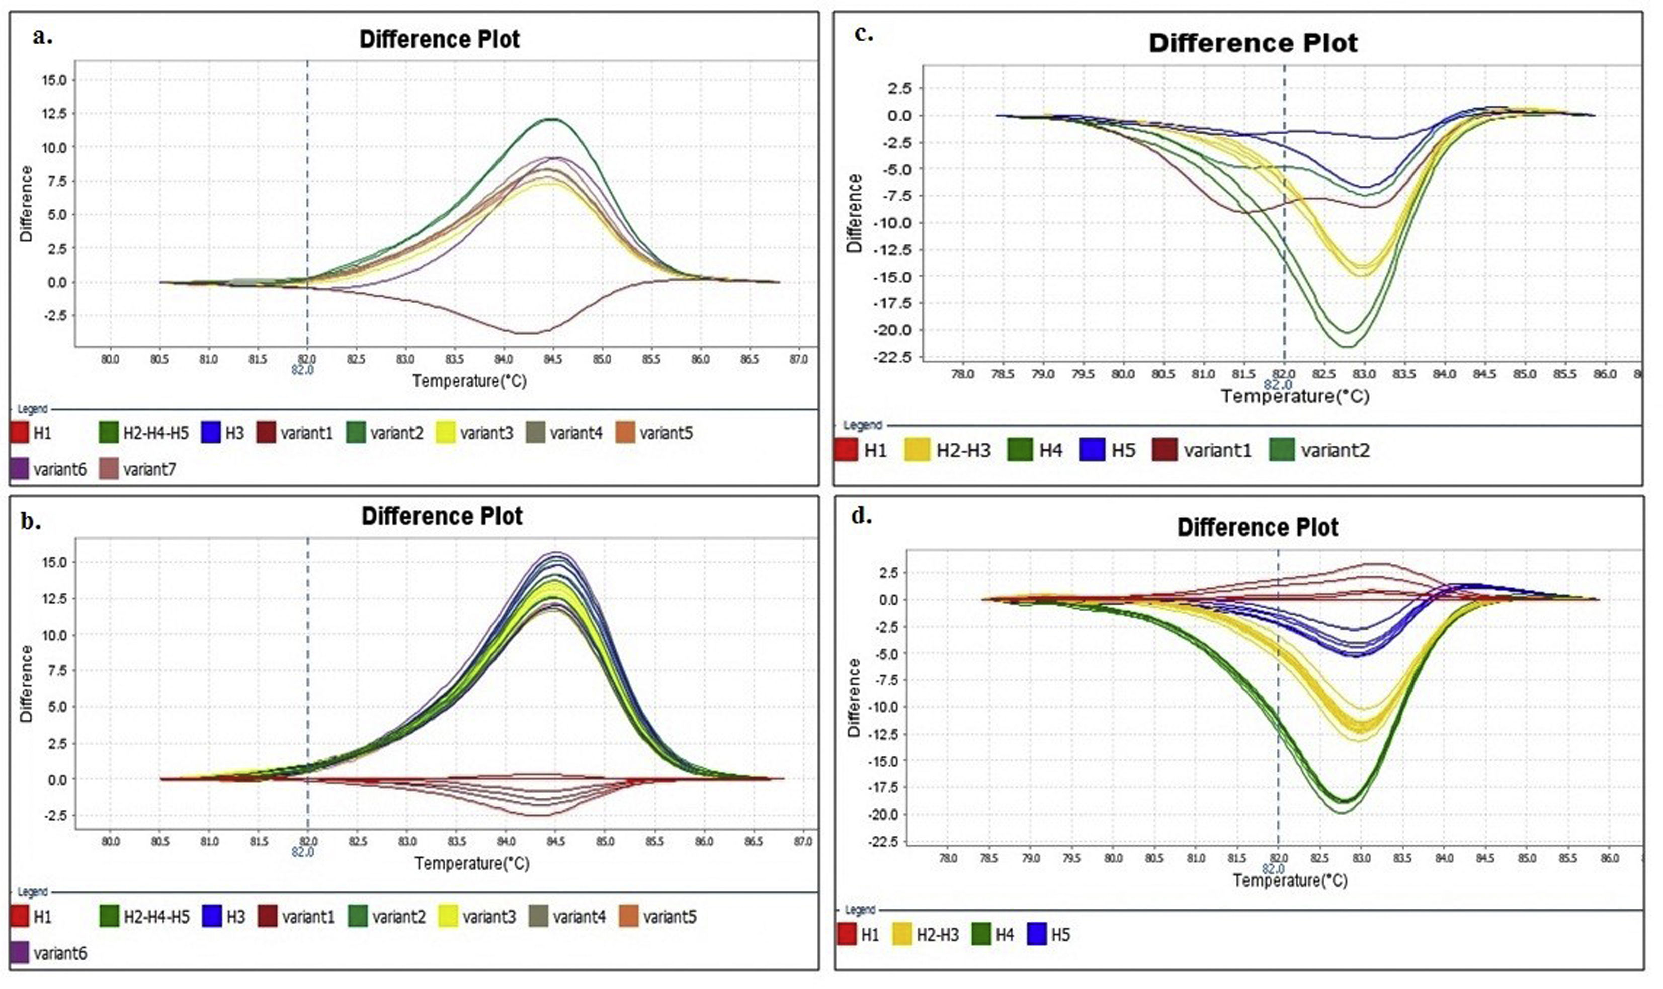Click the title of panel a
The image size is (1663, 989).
point(439,39)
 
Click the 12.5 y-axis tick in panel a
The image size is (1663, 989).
point(53,113)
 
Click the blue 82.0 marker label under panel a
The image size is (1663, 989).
point(302,369)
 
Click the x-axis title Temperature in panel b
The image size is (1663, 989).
point(472,864)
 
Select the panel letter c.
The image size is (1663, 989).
point(863,35)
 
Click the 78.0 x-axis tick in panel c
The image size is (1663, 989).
point(962,374)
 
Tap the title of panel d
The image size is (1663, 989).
point(1257,528)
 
